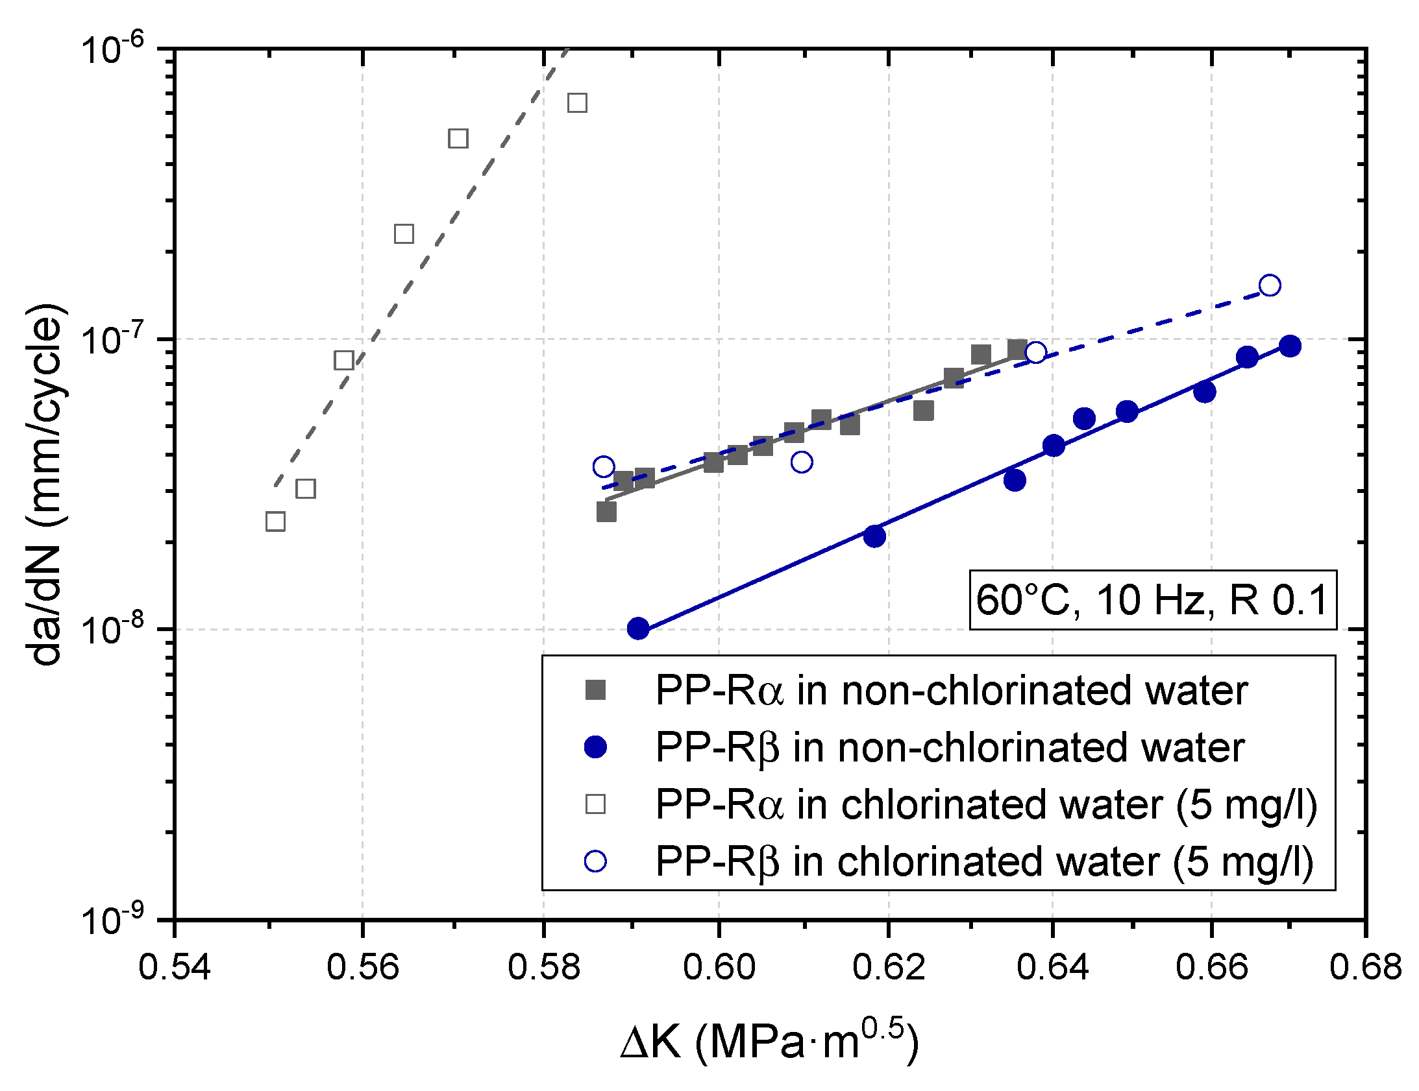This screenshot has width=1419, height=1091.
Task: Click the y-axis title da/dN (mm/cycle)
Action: point(45,484)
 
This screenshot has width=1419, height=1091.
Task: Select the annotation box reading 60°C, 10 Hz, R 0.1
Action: point(1153,599)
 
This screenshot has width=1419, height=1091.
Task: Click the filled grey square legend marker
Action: point(595,689)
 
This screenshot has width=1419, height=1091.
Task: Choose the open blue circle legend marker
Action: point(595,861)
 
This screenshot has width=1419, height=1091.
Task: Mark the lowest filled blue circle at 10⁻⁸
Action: point(638,628)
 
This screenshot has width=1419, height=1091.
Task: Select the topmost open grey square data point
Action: point(577,102)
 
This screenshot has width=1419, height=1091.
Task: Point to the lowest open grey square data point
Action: point(275,522)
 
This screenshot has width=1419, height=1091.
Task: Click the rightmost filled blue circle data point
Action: point(1290,346)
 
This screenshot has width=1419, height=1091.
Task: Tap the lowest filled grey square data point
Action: point(606,512)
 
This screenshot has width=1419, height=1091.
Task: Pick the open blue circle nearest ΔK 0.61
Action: point(802,462)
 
